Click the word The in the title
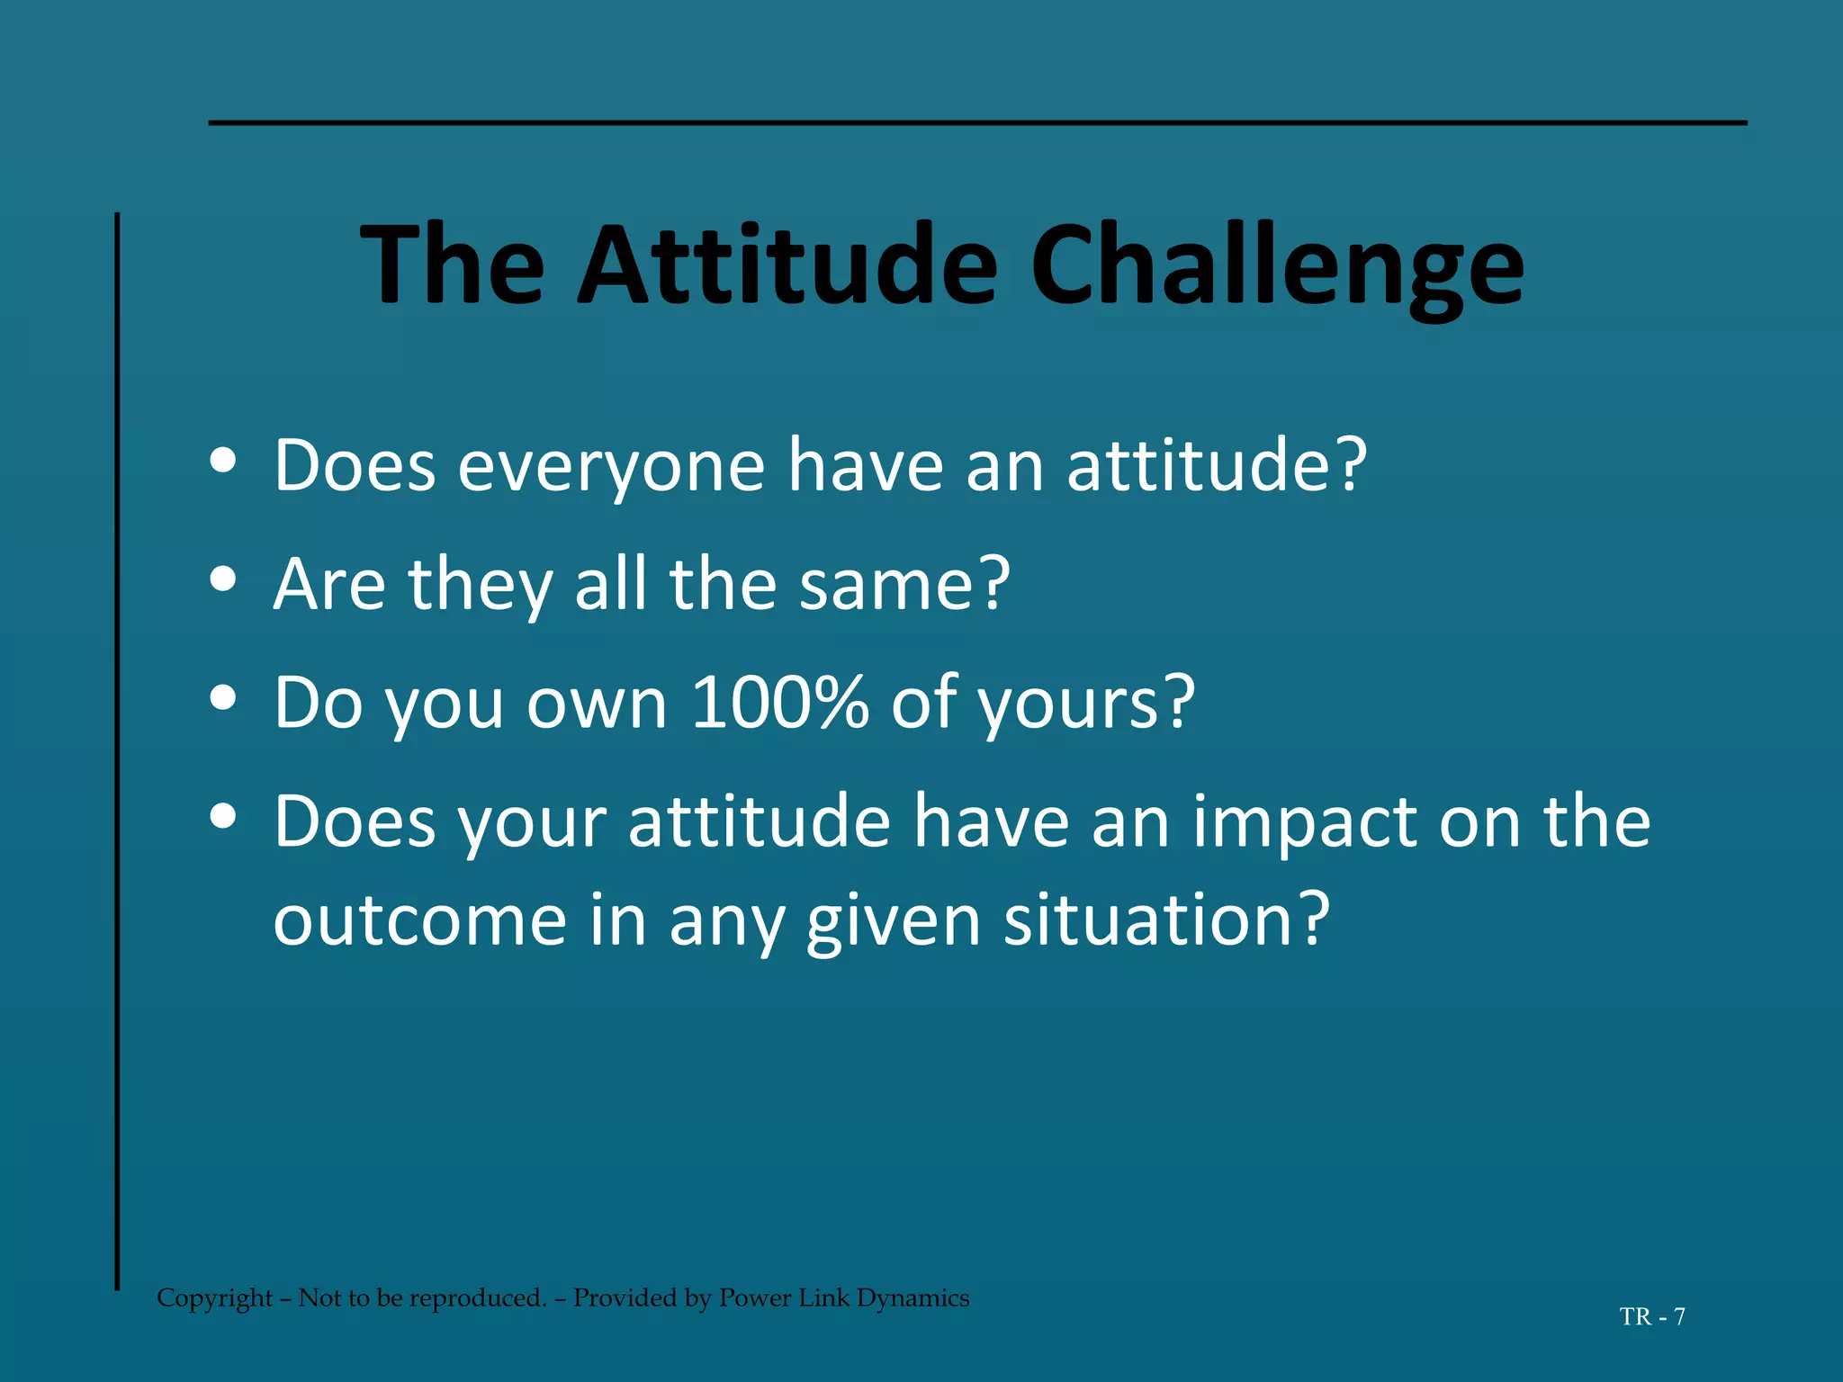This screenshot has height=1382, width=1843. point(453,265)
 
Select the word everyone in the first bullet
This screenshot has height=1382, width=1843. point(611,467)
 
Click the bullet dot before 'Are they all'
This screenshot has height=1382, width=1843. point(222,579)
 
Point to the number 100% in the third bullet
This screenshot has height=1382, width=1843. point(779,702)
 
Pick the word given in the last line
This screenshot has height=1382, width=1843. point(893,922)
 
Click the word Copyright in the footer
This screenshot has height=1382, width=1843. point(214,1297)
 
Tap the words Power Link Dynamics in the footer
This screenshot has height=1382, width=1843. point(844,1297)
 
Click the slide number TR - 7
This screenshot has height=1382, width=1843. point(1652,1316)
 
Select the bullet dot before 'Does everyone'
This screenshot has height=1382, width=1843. point(222,461)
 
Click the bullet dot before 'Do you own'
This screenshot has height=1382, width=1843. point(222,697)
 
